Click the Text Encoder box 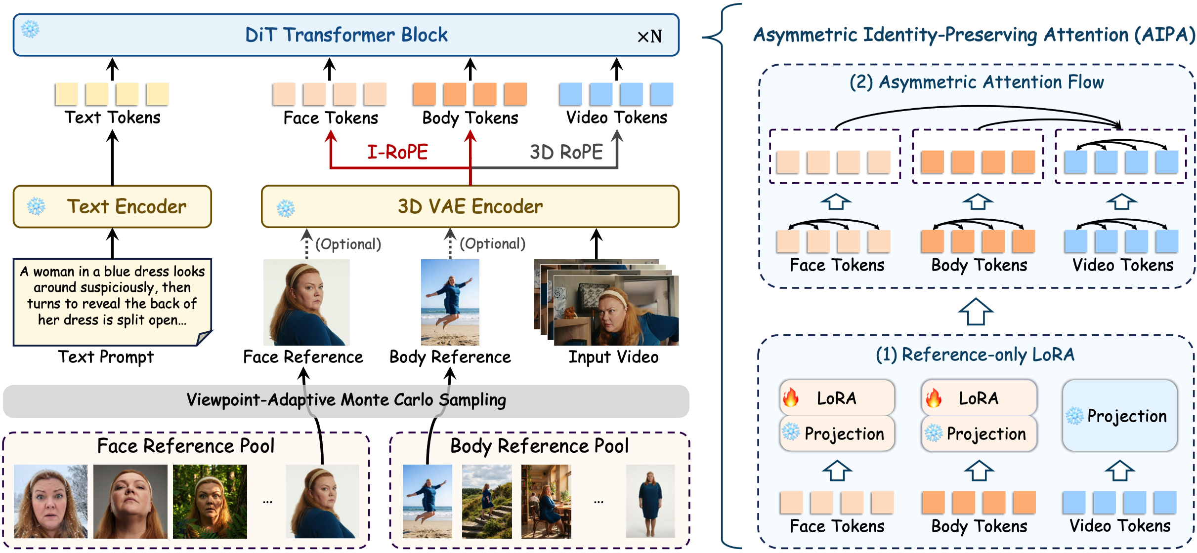click(x=112, y=206)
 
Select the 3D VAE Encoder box click(x=470, y=206)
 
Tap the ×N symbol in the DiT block click(x=649, y=37)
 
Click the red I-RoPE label click(x=397, y=152)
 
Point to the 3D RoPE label click(x=566, y=152)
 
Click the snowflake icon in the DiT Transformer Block click(x=31, y=29)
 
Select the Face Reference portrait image click(x=306, y=302)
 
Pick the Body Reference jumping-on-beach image click(x=450, y=302)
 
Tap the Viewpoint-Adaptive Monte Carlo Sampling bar click(x=346, y=400)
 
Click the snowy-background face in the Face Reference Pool click(x=50, y=501)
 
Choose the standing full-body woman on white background click(x=650, y=501)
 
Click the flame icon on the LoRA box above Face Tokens click(x=791, y=397)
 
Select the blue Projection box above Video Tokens click(x=1120, y=416)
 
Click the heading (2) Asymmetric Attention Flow click(x=976, y=82)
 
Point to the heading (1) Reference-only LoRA click(x=975, y=355)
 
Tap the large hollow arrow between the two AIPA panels click(x=976, y=312)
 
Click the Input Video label click(x=613, y=357)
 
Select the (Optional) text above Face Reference click(x=348, y=244)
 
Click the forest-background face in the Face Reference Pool click(x=210, y=501)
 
